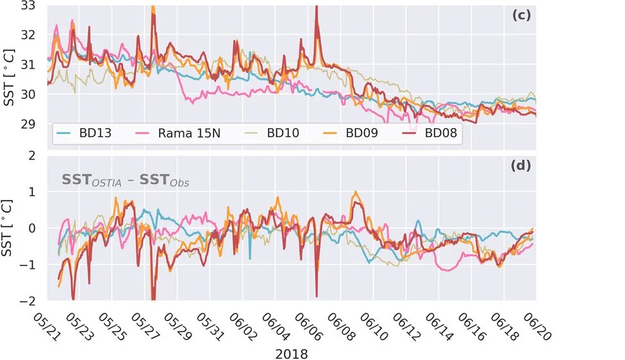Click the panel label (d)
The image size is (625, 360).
point(521,165)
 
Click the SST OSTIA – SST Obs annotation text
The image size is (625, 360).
point(125,181)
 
